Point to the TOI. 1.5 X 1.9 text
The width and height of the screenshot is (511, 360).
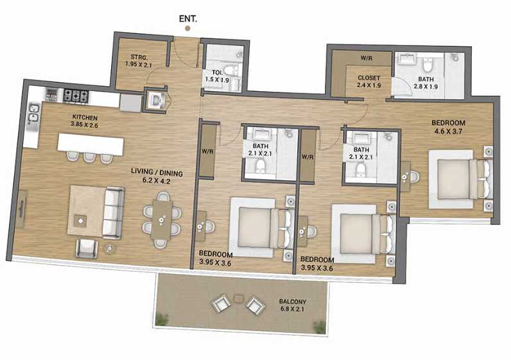[216, 76]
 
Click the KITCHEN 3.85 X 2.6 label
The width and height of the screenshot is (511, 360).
[85, 121]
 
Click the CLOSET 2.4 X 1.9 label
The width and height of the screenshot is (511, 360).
[369, 81]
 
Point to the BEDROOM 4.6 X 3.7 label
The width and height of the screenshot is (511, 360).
[447, 126]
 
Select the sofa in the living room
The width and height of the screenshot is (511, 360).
[113, 212]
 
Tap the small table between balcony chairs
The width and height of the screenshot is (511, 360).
[239, 298]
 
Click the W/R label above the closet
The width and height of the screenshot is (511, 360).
[367, 57]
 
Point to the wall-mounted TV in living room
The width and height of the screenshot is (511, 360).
[22, 209]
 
